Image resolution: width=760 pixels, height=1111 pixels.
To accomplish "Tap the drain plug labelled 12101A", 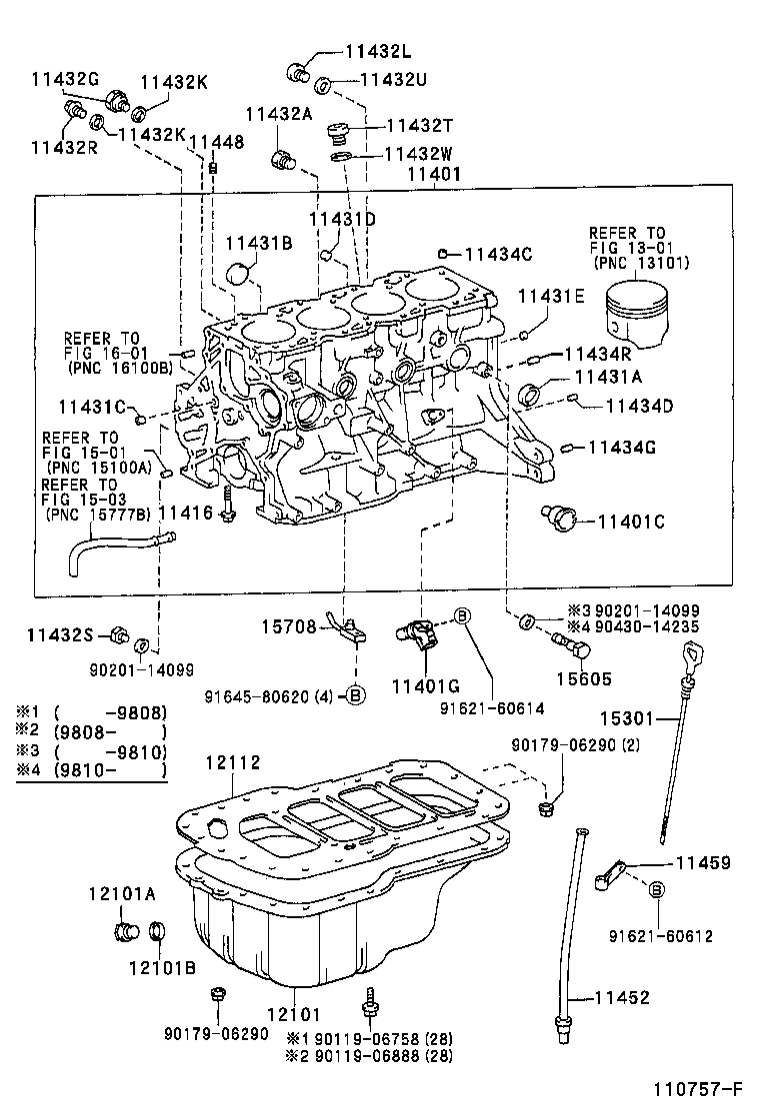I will [127, 933].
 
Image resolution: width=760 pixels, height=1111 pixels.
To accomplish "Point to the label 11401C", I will [631, 521].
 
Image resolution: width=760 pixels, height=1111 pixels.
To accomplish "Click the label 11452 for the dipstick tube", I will [622, 997].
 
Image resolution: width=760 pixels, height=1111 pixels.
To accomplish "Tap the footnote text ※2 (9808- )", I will [91, 732].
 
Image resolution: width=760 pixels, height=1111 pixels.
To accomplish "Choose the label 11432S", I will [59, 634].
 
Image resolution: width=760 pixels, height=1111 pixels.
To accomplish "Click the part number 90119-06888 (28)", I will [369, 1055].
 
